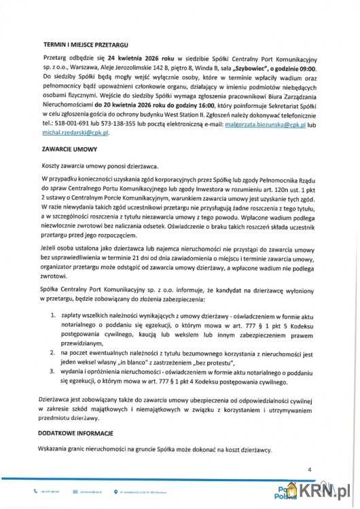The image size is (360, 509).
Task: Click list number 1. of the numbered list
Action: click(55, 316)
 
